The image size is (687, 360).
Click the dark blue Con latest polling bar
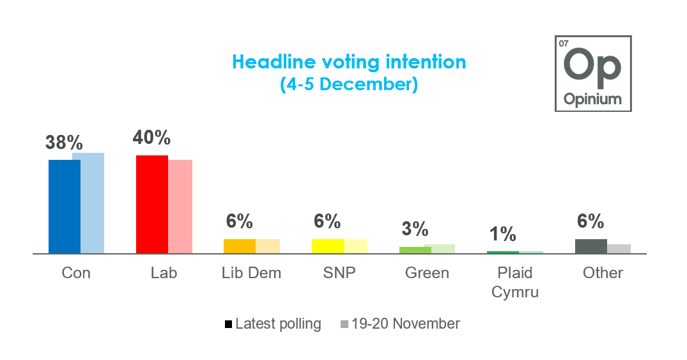[x=65, y=207]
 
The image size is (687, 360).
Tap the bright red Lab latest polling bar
[x=152, y=204]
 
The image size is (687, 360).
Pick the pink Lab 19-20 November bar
[x=180, y=207]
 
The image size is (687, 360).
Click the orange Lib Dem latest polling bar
[x=240, y=246]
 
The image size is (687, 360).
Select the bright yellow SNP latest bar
[x=327, y=246]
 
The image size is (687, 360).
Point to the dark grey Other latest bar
[x=591, y=246]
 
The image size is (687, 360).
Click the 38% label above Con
[x=64, y=142]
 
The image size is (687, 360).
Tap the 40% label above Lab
[x=151, y=137]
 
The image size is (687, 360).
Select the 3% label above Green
[x=415, y=229]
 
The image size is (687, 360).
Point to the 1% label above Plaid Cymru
[x=503, y=234]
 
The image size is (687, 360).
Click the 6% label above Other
[x=591, y=221]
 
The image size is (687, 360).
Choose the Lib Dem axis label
[x=251, y=273]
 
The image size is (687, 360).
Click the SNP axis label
[x=339, y=273]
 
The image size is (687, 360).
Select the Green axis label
[x=427, y=273]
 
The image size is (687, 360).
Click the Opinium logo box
[x=593, y=74]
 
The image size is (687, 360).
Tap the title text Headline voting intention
[x=349, y=62]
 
